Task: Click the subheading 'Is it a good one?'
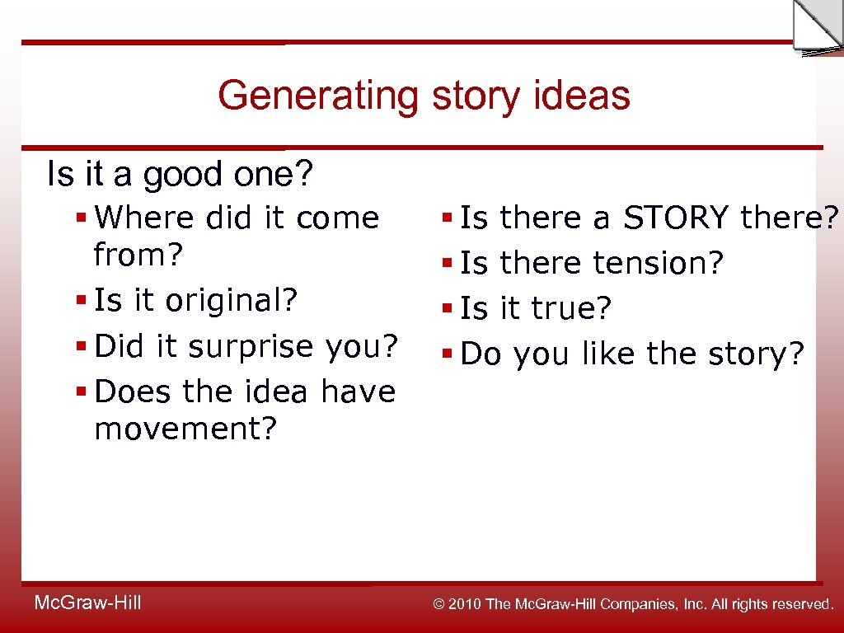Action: tap(181, 175)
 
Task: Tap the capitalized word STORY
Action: tap(676, 218)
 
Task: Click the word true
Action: tap(571, 309)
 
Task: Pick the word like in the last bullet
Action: tap(610, 354)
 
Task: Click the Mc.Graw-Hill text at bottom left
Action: tap(87, 603)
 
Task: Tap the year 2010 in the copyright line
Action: tap(466, 605)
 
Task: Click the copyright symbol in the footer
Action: tap(439, 605)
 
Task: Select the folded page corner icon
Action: tap(816, 27)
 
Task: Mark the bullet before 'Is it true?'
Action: tap(447, 309)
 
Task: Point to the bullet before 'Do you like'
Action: tap(447, 354)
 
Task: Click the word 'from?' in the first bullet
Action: tap(137, 256)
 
